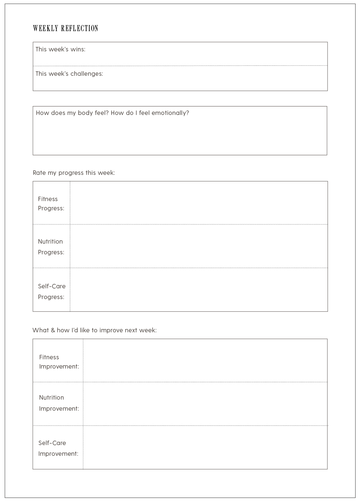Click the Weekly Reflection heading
[65, 28]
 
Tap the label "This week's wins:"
[60, 49]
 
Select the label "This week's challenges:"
[69, 74]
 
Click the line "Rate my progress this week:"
[74, 173]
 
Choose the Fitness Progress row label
[51, 203]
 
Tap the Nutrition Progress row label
[51, 247]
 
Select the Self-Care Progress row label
[51, 291]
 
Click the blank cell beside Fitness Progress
[198, 203]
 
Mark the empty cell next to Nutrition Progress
[198, 246]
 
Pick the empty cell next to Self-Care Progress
[198, 289]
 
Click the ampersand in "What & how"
[53, 330]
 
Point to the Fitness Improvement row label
[59, 362]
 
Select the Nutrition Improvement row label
[59, 403]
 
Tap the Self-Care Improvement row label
[58, 448]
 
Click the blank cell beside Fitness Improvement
[205, 360]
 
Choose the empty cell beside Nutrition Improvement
[205, 404]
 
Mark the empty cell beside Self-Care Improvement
[205, 447]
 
